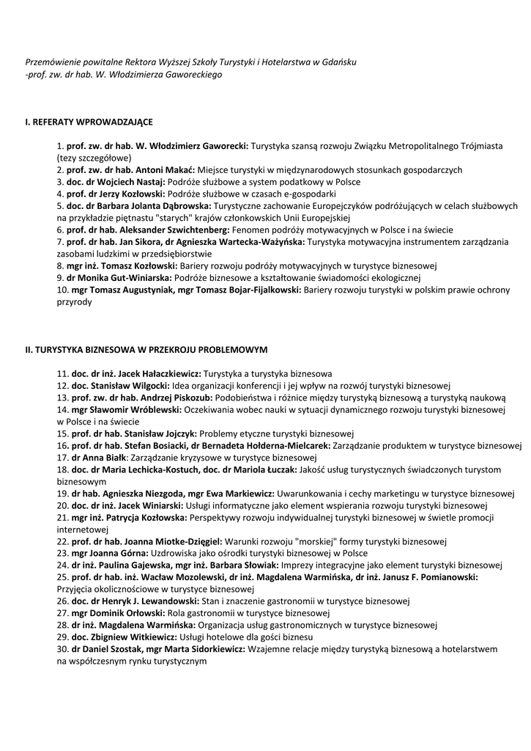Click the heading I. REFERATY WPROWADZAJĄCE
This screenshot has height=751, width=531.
point(89,122)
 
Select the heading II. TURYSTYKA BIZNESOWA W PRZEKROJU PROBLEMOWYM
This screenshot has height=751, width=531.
point(146,350)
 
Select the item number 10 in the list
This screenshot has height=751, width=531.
point(62,290)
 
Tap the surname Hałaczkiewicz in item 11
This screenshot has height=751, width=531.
point(167,373)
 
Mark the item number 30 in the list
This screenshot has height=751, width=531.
point(62,649)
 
